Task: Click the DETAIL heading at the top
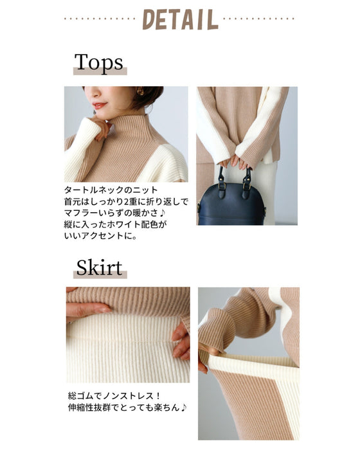(x=180, y=19)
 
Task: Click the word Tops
(x=99, y=62)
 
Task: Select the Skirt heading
(x=100, y=267)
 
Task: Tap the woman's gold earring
(x=140, y=91)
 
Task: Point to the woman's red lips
(x=100, y=105)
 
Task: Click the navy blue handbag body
(x=231, y=204)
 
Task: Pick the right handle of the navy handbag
(x=246, y=181)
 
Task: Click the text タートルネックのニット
(x=111, y=190)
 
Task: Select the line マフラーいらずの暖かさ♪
(x=115, y=213)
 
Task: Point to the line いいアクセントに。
(x=100, y=236)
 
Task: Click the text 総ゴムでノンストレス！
(x=114, y=396)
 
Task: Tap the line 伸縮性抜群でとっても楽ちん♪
(x=127, y=408)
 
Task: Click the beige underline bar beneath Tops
(x=100, y=71)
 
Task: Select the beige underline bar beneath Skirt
(x=100, y=274)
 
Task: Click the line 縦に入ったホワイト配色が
(x=115, y=224)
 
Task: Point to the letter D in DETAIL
(x=149, y=19)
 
